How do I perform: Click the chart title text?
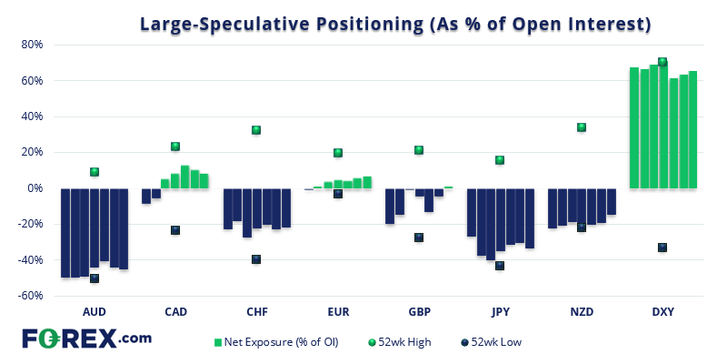[x=394, y=25]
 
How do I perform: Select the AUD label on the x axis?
[x=95, y=311]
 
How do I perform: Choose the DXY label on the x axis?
[x=662, y=311]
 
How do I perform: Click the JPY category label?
[x=500, y=311]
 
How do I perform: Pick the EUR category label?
[x=338, y=311]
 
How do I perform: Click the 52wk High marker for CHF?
[x=256, y=130]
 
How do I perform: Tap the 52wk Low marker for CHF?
[x=256, y=259]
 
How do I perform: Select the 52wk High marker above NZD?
[x=582, y=127]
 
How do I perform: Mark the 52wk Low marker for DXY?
[x=662, y=248]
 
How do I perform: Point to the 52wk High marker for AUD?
[x=95, y=172]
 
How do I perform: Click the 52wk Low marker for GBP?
[x=419, y=238]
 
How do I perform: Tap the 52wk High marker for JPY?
[x=500, y=160]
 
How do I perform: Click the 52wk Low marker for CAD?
[x=175, y=230]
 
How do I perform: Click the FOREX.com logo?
[x=86, y=339]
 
